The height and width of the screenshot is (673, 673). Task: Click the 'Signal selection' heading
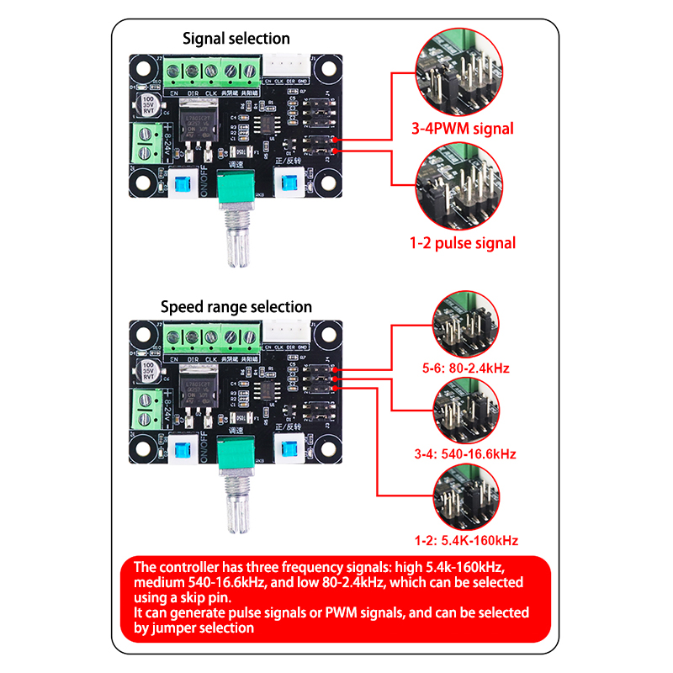pyautogui.click(x=236, y=38)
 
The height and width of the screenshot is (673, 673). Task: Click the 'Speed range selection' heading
pyautogui.click(x=236, y=307)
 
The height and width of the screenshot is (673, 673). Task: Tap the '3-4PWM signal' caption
pyautogui.click(x=463, y=129)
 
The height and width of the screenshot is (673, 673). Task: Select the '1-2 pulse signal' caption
pyautogui.click(x=463, y=243)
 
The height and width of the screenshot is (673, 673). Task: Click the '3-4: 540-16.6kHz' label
pyautogui.click(x=464, y=454)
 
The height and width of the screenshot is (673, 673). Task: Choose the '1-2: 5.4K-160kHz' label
pyautogui.click(x=464, y=540)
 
